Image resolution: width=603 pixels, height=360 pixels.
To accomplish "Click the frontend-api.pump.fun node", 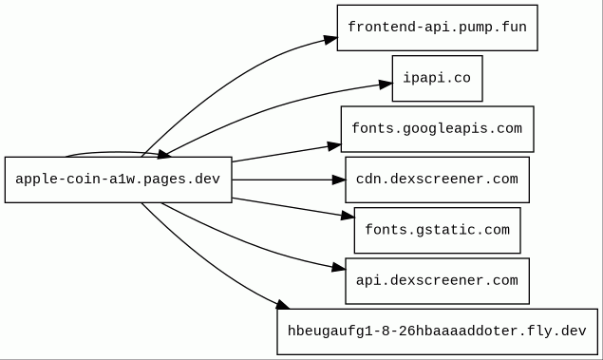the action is point(437,28).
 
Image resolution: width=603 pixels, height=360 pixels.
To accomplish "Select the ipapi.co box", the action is point(437,79).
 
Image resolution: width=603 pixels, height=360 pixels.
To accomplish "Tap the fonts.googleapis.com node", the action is point(437,129).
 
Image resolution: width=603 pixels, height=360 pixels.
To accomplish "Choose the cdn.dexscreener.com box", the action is point(437,180).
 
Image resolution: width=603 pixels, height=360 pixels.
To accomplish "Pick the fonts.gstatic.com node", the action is point(437,231).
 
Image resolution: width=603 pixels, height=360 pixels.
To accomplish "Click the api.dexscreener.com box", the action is point(437,281).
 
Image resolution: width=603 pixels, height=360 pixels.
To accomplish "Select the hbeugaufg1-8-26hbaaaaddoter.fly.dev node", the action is point(437,332).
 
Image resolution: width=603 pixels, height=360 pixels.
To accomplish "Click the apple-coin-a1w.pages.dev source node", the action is point(118,180).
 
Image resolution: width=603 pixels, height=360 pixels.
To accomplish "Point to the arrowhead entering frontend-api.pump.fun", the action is point(330,39).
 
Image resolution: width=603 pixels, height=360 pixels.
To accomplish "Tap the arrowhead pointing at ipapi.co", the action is point(386,85).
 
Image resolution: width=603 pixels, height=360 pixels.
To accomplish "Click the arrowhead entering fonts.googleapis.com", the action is point(334,146).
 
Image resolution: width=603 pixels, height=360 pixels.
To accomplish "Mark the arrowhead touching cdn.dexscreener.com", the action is point(338,180).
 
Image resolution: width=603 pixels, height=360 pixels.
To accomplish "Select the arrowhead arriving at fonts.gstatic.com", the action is point(348,216).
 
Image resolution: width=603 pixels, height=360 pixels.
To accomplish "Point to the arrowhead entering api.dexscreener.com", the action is point(338,267).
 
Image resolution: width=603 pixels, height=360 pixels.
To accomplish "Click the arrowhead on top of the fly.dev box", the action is point(283,305).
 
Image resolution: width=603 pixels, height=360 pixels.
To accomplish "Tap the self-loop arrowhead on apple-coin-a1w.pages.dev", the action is point(164,155).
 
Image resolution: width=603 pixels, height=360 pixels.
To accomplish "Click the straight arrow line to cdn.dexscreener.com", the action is point(282,180).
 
